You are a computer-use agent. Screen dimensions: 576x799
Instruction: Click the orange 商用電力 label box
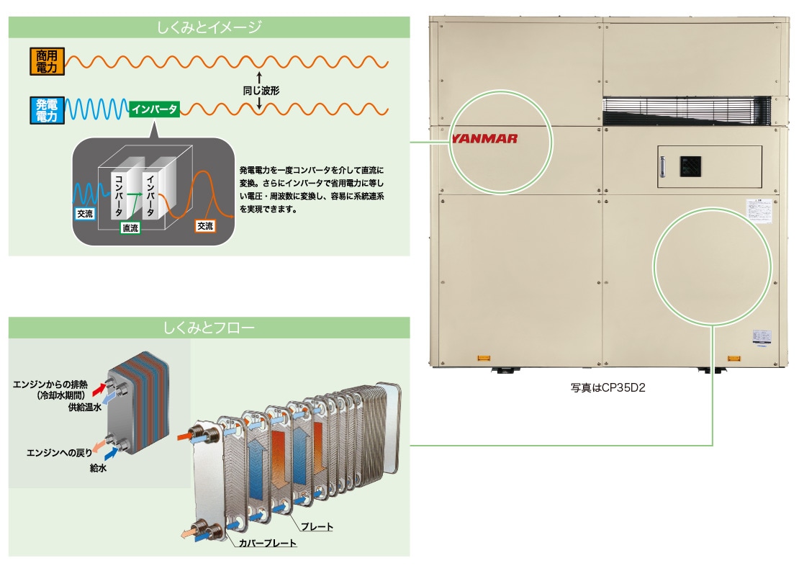tap(46, 61)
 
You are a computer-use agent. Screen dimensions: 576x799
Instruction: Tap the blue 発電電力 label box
tap(46, 109)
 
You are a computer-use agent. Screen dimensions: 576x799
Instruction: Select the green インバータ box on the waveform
tap(154, 109)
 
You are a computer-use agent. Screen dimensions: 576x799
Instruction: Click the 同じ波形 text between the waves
tap(261, 91)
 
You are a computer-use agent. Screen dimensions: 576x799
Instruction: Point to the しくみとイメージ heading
tap(209, 28)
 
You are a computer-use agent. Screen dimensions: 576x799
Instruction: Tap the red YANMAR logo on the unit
tap(484, 139)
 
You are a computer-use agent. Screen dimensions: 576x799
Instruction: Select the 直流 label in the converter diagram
tap(130, 228)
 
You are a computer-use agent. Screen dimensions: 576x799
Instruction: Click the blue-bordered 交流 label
tap(84, 214)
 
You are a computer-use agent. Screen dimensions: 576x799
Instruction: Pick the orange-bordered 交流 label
tap(205, 226)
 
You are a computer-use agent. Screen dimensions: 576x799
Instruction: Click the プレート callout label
tap(316, 527)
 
